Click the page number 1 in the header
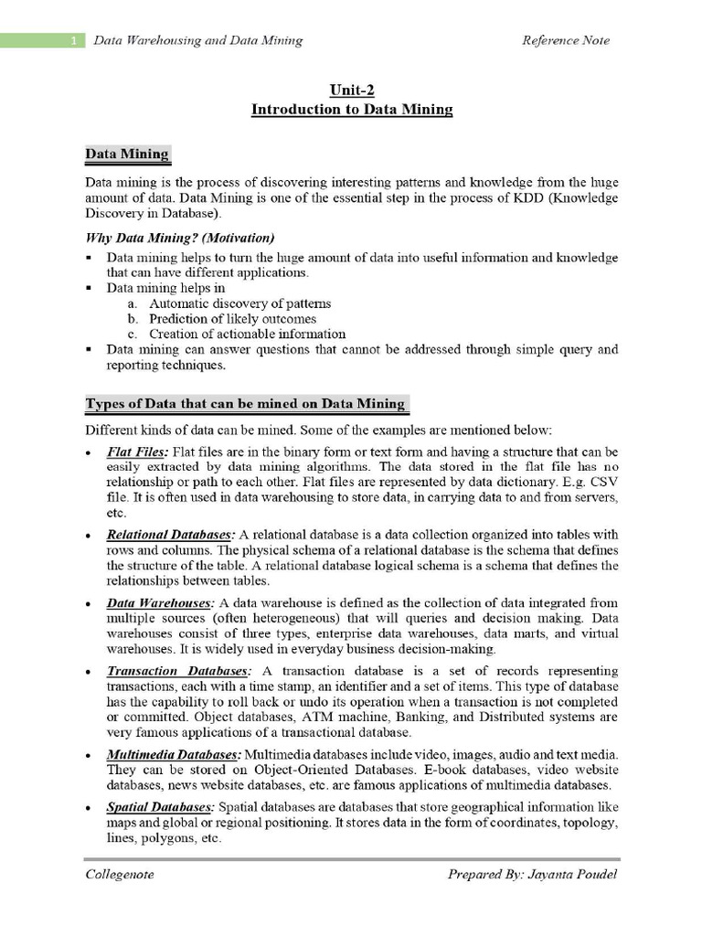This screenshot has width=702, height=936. pyautogui.click(x=72, y=40)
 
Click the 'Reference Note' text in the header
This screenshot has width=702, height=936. pyautogui.click(x=565, y=40)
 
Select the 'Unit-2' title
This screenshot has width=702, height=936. pyautogui.click(x=352, y=90)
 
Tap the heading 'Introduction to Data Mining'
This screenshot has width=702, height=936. pyautogui.click(x=352, y=110)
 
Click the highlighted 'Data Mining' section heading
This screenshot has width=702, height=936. pyautogui.click(x=127, y=154)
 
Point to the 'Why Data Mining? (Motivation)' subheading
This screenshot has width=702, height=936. pyautogui.click(x=179, y=238)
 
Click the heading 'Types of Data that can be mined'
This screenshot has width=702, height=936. pyautogui.click(x=246, y=404)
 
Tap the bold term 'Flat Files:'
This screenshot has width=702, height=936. pyautogui.click(x=137, y=452)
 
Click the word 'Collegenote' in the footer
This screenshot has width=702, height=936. pyautogui.click(x=120, y=875)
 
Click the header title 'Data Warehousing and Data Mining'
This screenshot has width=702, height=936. pyautogui.click(x=198, y=40)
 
